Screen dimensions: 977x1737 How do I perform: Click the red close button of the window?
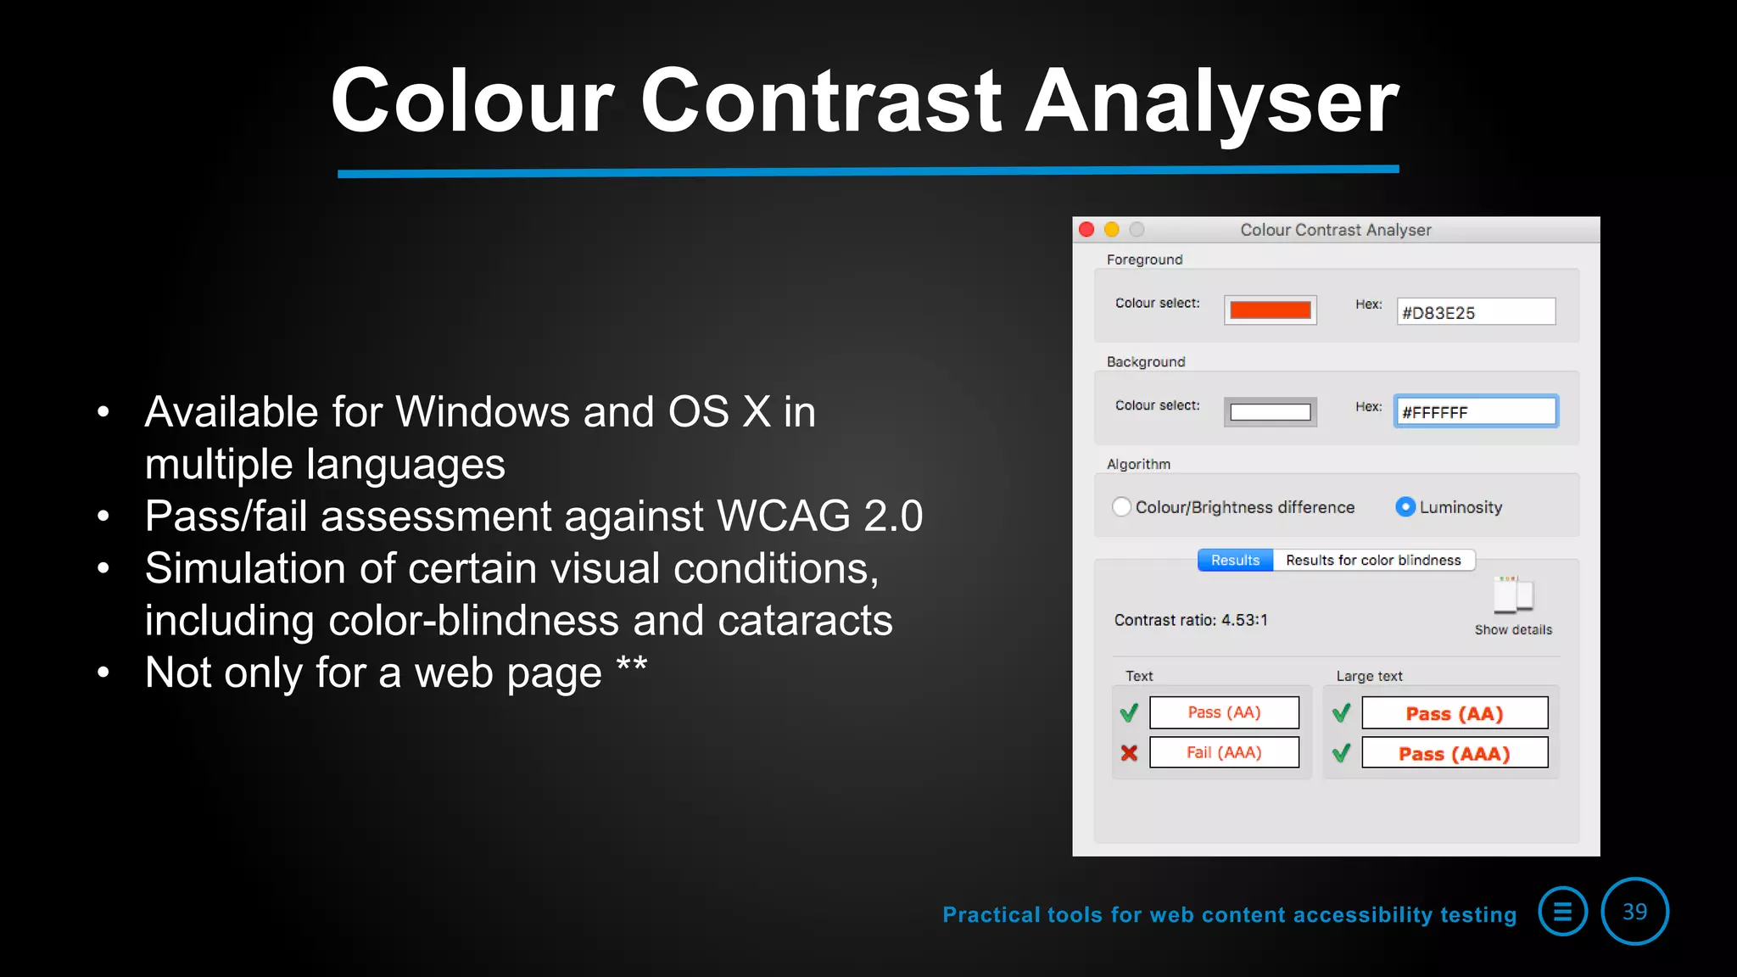point(1086,229)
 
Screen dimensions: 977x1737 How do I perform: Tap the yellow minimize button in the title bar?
point(1112,229)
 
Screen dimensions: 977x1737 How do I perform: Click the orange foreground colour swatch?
point(1270,310)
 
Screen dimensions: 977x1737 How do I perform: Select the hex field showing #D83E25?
point(1476,312)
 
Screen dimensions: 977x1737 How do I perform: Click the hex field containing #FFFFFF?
point(1476,412)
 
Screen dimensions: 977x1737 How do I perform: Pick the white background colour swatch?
point(1270,412)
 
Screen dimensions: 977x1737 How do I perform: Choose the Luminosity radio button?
point(1405,507)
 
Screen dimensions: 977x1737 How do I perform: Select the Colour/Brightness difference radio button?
point(1122,507)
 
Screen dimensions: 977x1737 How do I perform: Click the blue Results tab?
point(1235,561)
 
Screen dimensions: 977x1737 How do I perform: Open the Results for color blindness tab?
point(1373,561)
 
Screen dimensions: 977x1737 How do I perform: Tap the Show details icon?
point(1513,595)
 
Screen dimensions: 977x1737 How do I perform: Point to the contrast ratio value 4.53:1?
point(1243,620)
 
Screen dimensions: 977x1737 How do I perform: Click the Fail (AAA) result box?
point(1224,752)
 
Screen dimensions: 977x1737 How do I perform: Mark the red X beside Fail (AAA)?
point(1129,752)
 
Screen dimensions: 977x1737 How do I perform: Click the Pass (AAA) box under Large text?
point(1455,753)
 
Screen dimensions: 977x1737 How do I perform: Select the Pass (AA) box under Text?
point(1224,712)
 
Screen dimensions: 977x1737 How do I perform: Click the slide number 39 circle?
point(1634,912)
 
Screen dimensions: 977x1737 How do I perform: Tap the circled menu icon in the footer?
point(1562,912)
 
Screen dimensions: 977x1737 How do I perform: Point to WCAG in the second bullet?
point(783,516)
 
